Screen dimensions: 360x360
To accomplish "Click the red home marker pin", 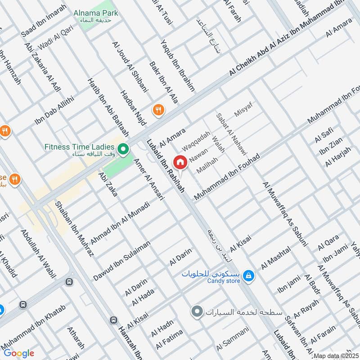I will point(180,162).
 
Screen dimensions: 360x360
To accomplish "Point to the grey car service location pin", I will point(196,311).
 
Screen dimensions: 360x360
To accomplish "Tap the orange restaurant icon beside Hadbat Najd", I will point(158,109).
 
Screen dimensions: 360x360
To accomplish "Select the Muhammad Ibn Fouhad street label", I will point(227,178).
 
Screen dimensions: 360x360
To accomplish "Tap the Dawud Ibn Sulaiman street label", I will point(121,261).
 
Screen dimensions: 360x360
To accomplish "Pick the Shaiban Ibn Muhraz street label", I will point(74,228).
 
